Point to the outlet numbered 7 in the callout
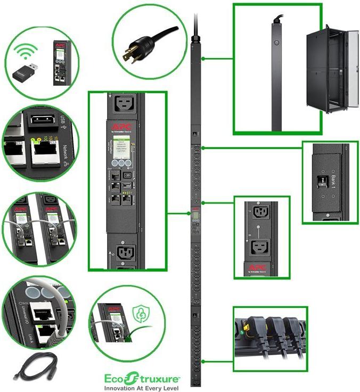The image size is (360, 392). [x=261, y=213]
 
